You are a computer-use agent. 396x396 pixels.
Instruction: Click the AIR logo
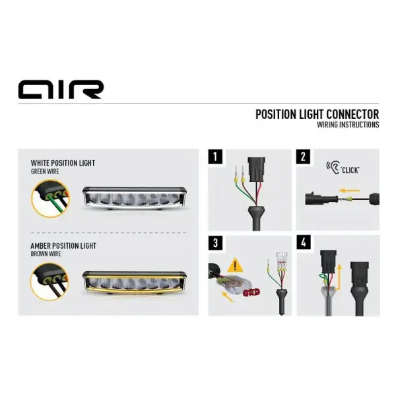tap(60, 89)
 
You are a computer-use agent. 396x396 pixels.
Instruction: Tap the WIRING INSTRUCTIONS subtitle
tap(348, 125)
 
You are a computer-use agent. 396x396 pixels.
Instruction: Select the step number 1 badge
tap(214, 157)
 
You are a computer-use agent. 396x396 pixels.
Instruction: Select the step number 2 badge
tap(303, 157)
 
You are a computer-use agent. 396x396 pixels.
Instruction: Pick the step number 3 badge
tap(214, 242)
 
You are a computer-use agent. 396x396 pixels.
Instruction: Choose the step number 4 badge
tap(303, 242)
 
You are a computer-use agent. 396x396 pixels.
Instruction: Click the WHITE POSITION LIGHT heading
tap(63, 162)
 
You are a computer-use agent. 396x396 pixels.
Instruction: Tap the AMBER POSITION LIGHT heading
tap(63, 246)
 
